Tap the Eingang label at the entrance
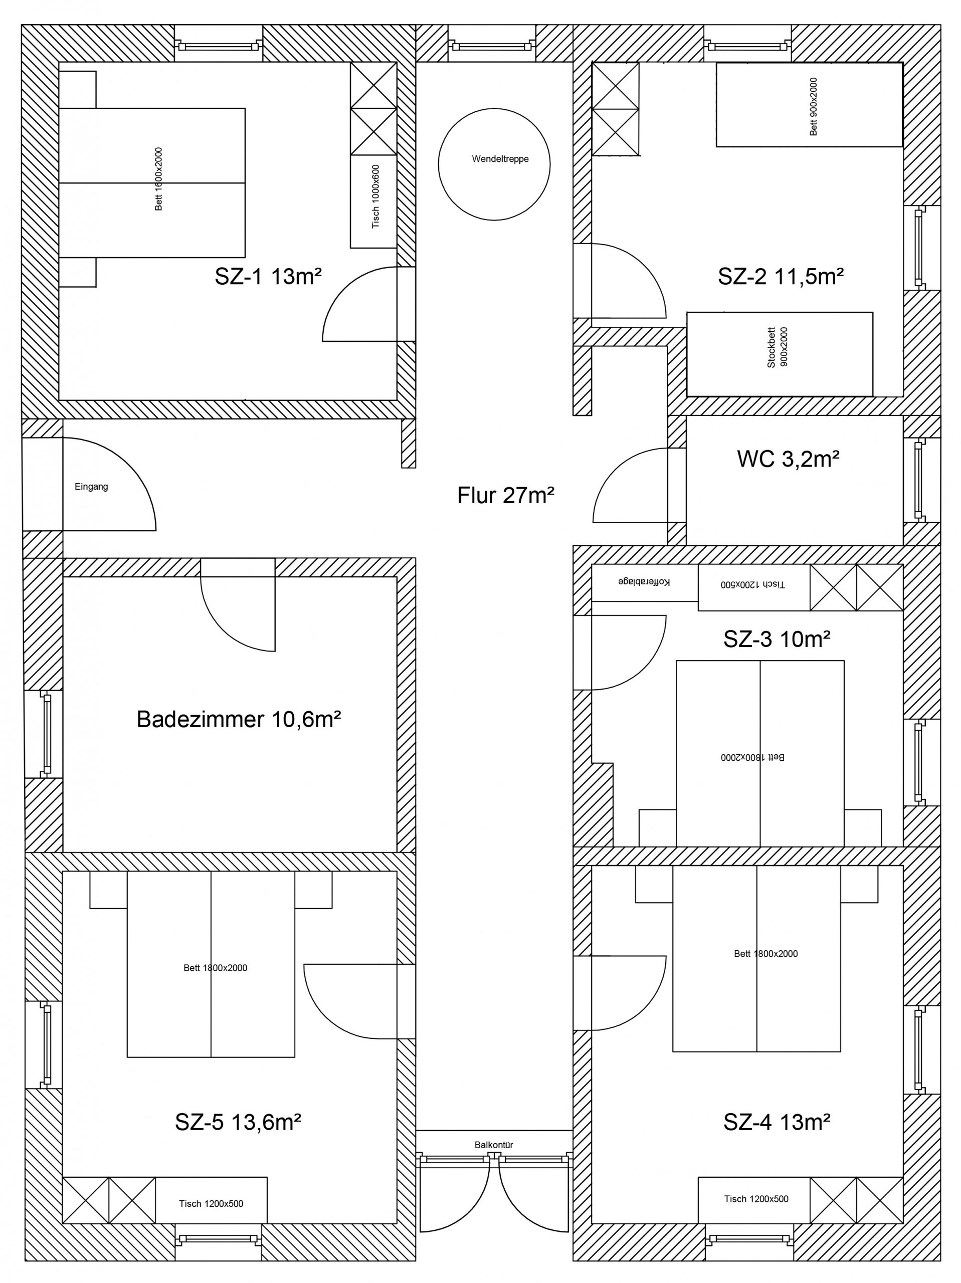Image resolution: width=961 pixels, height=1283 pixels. click(91, 487)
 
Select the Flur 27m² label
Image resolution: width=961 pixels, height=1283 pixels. click(505, 495)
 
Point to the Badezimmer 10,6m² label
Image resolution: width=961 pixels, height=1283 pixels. click(239, 719)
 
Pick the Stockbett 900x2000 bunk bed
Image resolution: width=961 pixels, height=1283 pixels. click(780, 354)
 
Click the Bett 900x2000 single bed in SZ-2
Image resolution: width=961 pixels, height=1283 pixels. click(809, 105)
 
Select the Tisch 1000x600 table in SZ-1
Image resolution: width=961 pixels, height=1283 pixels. click(373, 201)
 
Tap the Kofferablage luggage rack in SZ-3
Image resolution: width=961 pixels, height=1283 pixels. click(644, 582)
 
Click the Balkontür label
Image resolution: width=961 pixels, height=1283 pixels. click(494, 1145)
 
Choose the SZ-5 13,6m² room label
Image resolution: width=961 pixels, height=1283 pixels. click(238, 1122)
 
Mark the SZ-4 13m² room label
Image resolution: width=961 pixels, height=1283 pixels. click(777, 1122)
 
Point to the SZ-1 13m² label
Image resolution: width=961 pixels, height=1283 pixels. click(268, 277)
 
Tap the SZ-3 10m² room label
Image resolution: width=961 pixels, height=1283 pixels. click(777, 639)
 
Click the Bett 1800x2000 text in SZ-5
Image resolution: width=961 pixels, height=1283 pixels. click(215, 967)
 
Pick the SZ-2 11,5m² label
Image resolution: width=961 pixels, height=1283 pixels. click(781, 277)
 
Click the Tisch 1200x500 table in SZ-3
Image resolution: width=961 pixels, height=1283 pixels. click(754, 587)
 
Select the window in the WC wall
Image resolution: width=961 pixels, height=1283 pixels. click(918, 480)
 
